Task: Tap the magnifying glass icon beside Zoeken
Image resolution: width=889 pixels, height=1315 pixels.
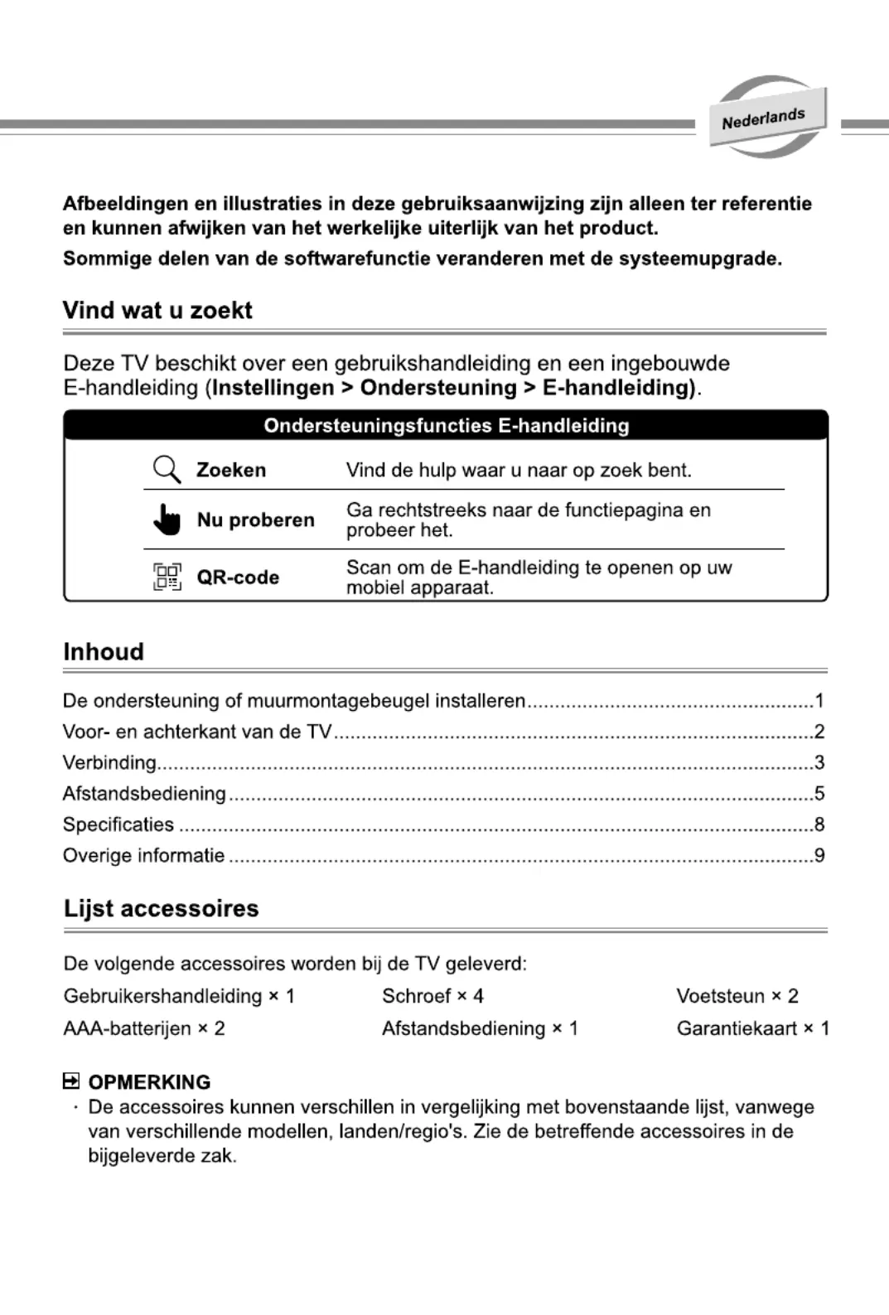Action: tap(167, 469)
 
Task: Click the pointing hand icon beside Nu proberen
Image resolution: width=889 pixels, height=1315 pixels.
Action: tap(167, 520)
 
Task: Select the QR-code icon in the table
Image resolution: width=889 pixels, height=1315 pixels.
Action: tap(167, 577)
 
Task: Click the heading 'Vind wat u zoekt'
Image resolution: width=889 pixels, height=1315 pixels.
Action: tap(157, 311)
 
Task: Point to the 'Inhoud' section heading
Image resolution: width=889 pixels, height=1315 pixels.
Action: tap(104, 652)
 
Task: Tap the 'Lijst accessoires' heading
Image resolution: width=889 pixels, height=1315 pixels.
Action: tap(162, 909)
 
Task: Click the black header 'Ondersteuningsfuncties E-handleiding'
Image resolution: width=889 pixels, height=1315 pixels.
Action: tap(446, 426)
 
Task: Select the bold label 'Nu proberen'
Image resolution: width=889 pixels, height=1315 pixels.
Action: tap(255, 520)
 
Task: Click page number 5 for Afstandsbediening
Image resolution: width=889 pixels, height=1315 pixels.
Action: tap(819, 794)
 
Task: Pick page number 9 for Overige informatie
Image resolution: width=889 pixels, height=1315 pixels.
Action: tap(819, 855)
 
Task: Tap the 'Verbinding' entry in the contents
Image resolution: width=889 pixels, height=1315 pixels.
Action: tap(109, 762)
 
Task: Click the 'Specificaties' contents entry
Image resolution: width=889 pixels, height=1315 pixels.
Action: tap(118, 824)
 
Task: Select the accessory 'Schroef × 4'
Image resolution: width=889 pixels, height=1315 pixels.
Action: tap(432, 996)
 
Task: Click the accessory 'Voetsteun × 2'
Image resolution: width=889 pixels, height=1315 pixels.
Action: tap(737, 996)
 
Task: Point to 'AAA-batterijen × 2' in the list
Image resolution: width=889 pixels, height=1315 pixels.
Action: tap(144, 1028)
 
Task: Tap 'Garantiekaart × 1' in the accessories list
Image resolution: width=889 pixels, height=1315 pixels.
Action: tap(752, 1028)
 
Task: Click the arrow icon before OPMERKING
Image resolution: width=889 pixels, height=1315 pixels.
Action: tap(71, 1081)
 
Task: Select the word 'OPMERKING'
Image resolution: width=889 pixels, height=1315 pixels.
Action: tap(149, 1082)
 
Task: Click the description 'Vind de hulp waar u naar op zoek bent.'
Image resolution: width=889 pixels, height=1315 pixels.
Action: tap(519, 470)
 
